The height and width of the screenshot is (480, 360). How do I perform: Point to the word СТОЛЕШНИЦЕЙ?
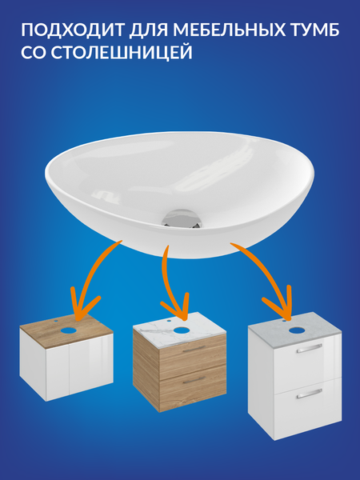pyautogui.click(x=122, y=53)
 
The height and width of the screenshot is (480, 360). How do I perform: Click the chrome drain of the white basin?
pyautogui.click(x=182, y=219)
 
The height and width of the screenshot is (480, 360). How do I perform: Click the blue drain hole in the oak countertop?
pyautogui.click(x=70, y=330)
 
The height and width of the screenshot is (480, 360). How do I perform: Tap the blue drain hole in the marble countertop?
pyautogui.click(x=182, y=330)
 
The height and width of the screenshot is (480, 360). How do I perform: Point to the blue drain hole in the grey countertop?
pyautogui.click(x=296, y=330)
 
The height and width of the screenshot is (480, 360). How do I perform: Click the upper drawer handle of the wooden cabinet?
pyautogui.click(x=194, y=349)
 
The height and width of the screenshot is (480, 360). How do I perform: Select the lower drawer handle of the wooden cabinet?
pyautogui.click(x=194, y=379)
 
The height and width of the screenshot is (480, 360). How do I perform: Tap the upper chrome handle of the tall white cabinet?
pyautogui.click(x=309, y=348)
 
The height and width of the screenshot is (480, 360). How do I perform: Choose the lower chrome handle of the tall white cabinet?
pyautogui.click(x=309, y=394)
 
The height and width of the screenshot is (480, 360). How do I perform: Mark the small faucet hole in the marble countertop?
pyautogui.click(x=170, y=322)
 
